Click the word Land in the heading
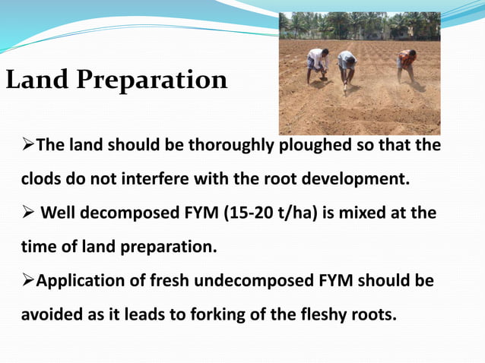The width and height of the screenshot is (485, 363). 37,80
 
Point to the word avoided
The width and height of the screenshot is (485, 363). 47,314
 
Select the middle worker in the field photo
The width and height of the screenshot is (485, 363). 347,68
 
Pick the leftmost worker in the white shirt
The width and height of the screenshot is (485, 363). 316,64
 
